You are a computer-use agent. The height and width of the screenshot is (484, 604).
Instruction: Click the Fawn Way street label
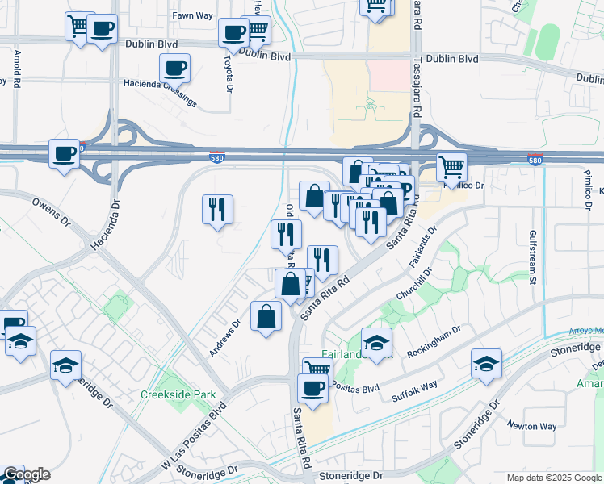[x=192, y=15]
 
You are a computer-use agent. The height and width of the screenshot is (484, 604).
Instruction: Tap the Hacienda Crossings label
[x=160, y=91]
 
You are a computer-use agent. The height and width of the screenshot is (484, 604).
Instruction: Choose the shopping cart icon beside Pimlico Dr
[x=452, y=167]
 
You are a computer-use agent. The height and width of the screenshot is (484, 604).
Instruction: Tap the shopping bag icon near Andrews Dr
[x=266, y=316]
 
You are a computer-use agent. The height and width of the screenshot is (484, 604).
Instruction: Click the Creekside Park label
[x=167, y=394]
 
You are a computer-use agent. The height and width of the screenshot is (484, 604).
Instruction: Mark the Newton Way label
[x=531, y=425]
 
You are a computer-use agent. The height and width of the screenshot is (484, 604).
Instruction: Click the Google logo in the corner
[x=26, y=475]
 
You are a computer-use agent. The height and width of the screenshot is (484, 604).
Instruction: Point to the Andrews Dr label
[x=224, y=339]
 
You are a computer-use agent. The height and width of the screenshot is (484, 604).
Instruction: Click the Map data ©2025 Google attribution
[x=555, y=478]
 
